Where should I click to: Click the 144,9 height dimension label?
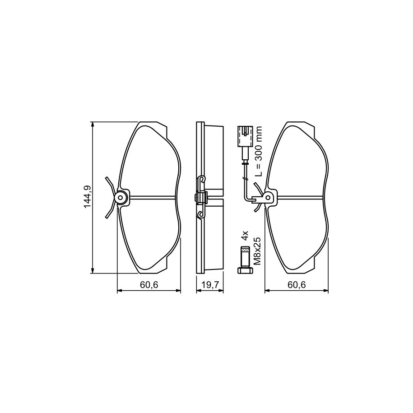(x=88, y=197)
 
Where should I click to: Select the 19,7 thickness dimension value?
(x=210, y=285)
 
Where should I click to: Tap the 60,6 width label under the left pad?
(x=149, y=285)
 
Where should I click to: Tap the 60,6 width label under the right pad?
(x=297, y=285)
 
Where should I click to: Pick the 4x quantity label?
(x=245, y=235)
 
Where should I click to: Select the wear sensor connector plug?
(x=245, y=136)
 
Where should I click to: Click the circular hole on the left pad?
(x=121, y=197)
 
